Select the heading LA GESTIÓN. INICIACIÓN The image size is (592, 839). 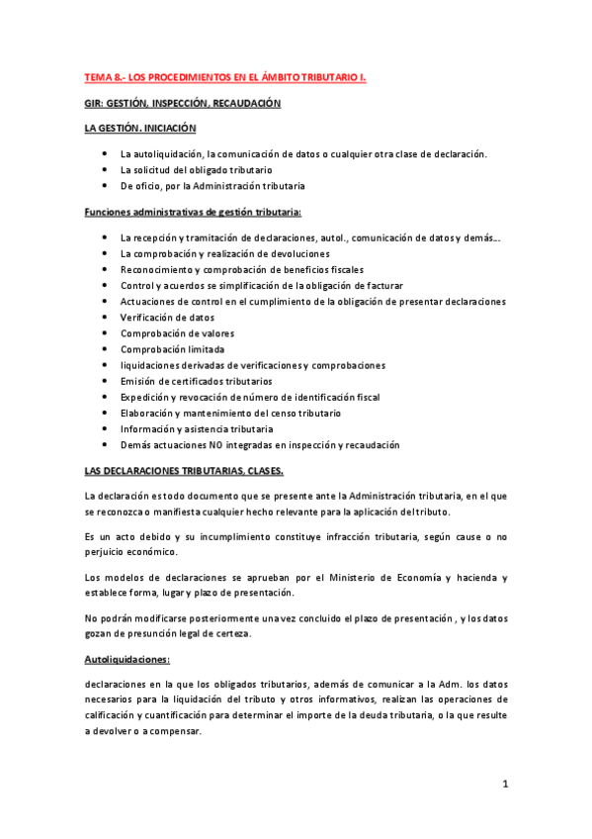[x=140, y=128]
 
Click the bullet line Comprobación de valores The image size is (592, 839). [x=177, y=333]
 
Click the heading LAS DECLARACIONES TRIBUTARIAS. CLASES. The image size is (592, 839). [x=184, y=470]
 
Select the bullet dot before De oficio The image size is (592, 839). [x=105, y=185]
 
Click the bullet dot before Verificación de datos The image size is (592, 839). [x=105, y=318]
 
